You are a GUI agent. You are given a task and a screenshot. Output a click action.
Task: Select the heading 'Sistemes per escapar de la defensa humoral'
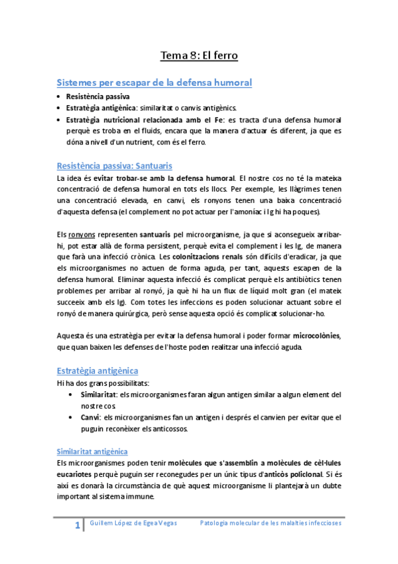154,82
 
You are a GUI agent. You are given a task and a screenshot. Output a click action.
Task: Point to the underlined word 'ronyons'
82,235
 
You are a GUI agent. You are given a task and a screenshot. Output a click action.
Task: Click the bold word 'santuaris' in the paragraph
155,235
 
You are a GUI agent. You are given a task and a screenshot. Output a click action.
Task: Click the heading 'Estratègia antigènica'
98,370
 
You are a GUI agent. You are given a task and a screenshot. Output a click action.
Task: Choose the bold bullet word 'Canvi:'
90,417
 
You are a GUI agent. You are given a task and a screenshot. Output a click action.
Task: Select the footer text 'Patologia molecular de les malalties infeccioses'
270,523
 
